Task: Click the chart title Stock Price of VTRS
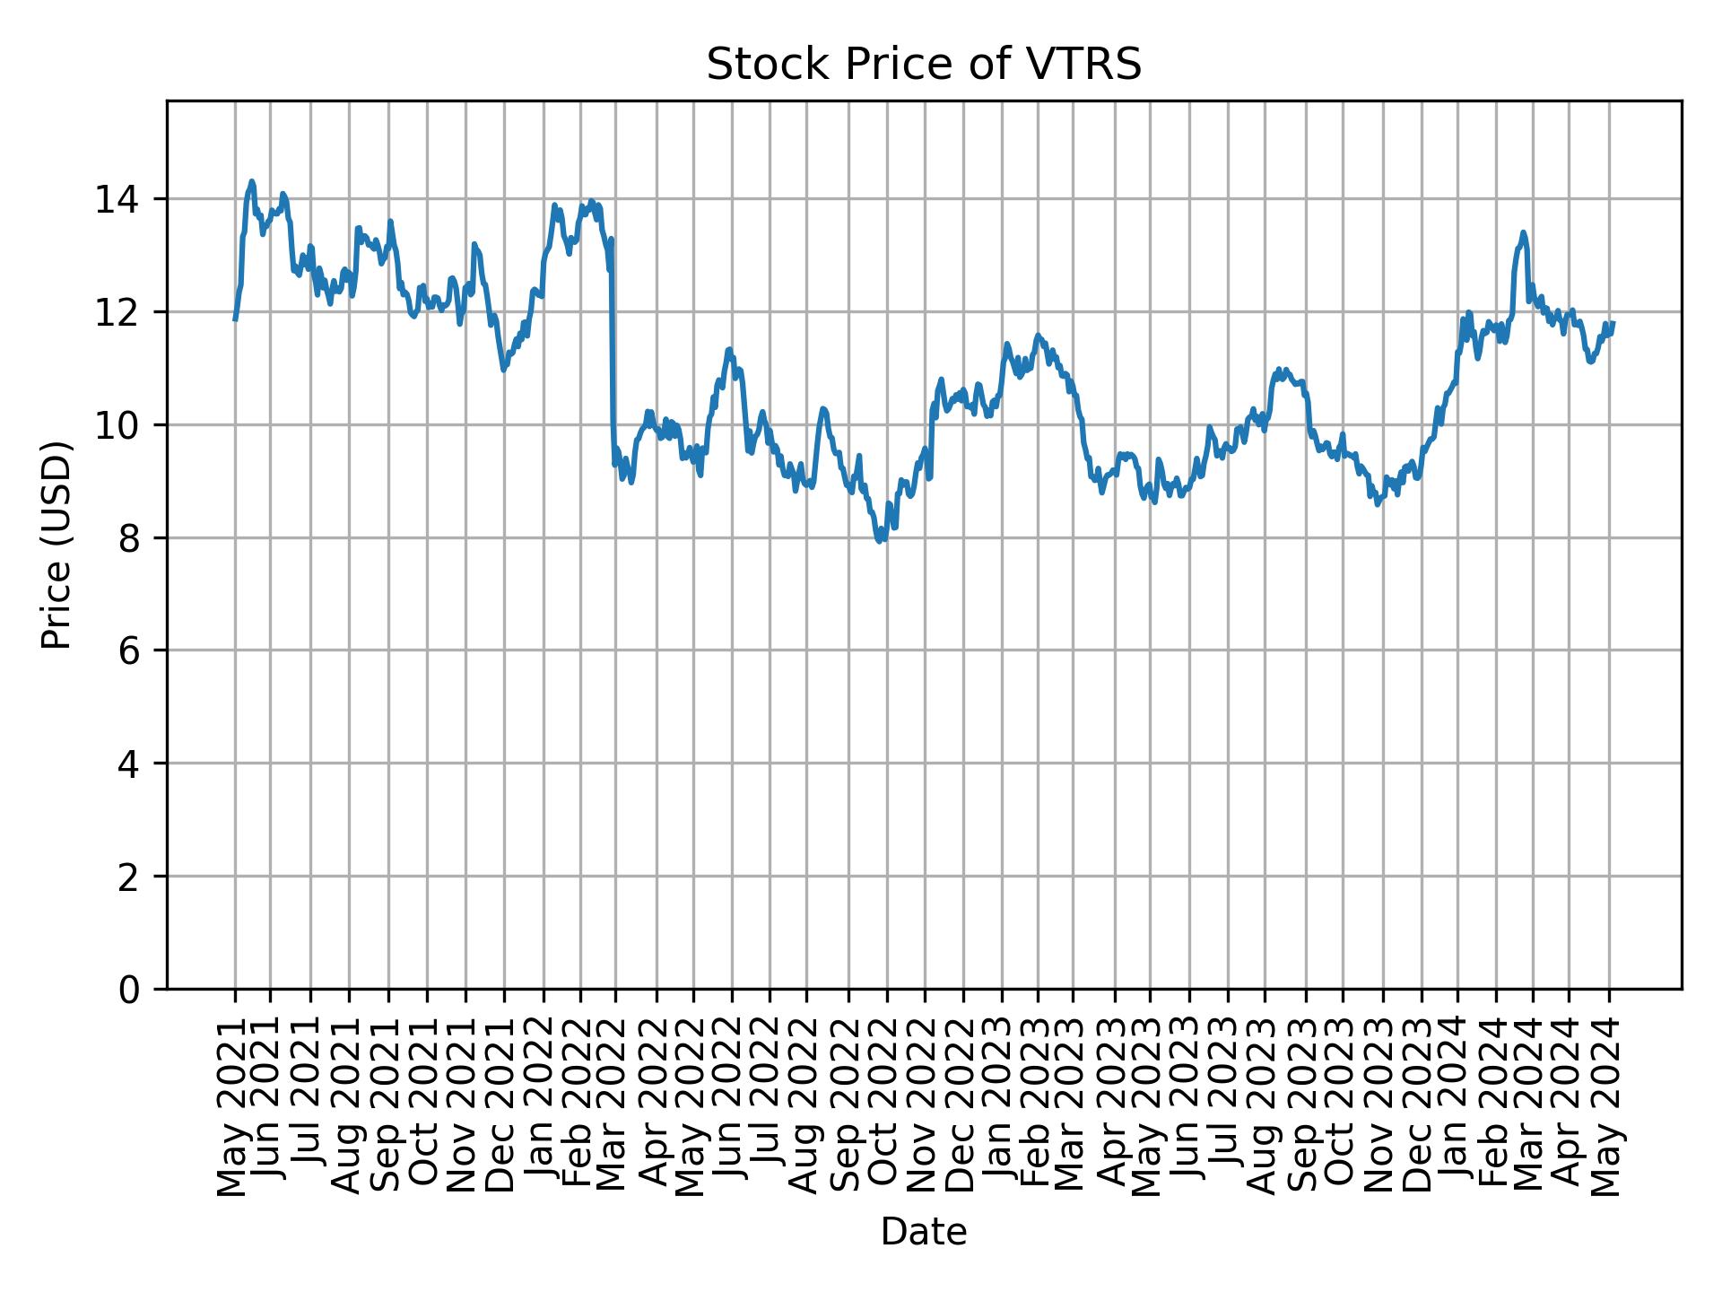pyautogui.click(x=924, y=65)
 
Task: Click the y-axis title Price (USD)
pyautogui.click(x=57, y=545)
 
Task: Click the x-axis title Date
pyautogui.click(x=924, y=1233)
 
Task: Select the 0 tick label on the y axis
pyautogui.click(x=130, y=990)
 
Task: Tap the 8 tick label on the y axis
pyautogui.click(x=130, y=538)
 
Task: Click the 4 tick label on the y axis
pyautogui.click(x=130, y=764)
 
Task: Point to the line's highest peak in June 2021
pyautogui.click(x=252, y=181)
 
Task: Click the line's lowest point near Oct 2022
pyautogui.click(x=881, y=541)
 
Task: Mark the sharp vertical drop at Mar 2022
pyautogui.click(x=613, y=359)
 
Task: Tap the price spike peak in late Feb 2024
pyautogui.click(x=1523, y=232)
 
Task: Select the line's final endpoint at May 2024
pyautogui.click(x=1613, y=323)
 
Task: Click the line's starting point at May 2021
pyautogui.click(x=235, y=319)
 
